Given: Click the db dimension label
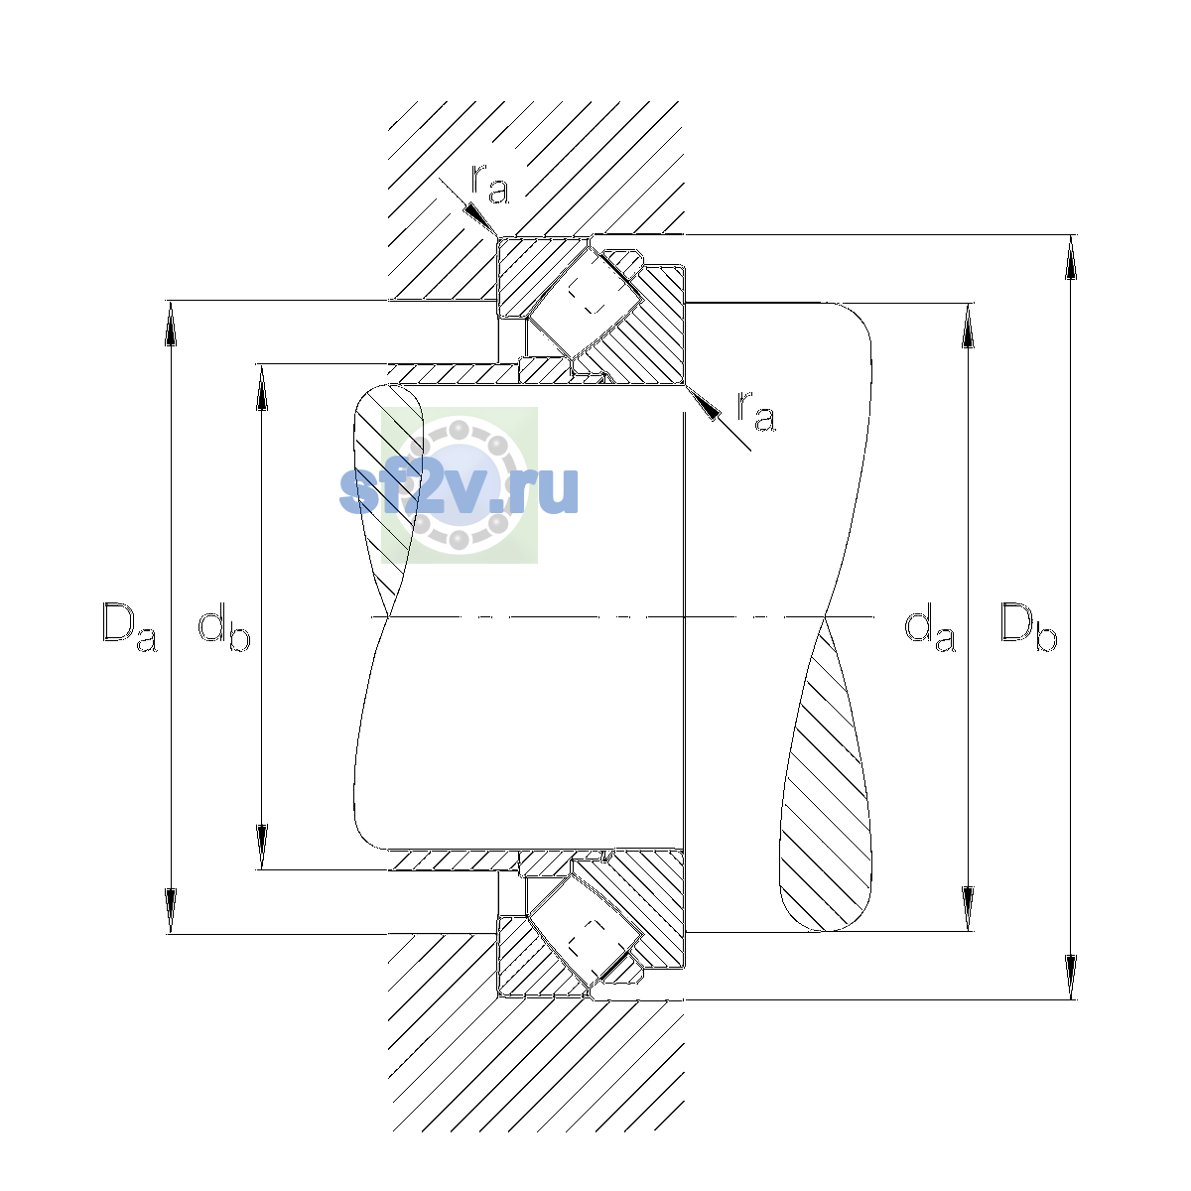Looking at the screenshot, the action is pyautogui.click(x=224, y=627).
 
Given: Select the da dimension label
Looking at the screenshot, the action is pyautogui.click(x=930, y=627).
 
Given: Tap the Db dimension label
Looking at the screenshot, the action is pyautogui.click(x=1029, y=627).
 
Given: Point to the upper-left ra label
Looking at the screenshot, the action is pyautogui.click(x=490, y=185).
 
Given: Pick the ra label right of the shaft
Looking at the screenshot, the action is pyautogui.click(x=755, y=411).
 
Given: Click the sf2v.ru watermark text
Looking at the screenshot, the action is pyautogui.click(x=459, y=490).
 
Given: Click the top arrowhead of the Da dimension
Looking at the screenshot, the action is pyautogui.click(x=171, y=324).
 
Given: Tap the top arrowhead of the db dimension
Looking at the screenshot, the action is pyautogui.click(x=262, y=387).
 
